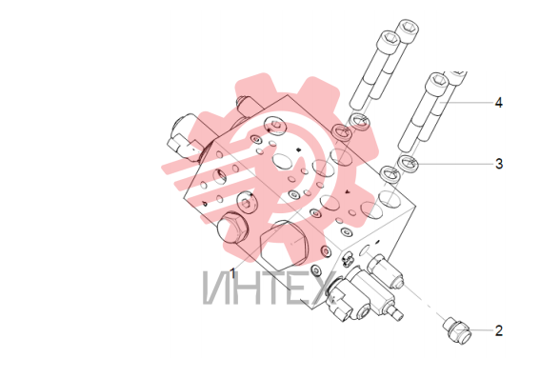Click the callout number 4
498,103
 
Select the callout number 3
499,164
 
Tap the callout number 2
499,330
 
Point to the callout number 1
232,273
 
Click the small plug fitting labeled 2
457,330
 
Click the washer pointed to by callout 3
408,163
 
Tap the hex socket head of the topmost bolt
409,27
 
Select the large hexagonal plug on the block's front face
283,245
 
